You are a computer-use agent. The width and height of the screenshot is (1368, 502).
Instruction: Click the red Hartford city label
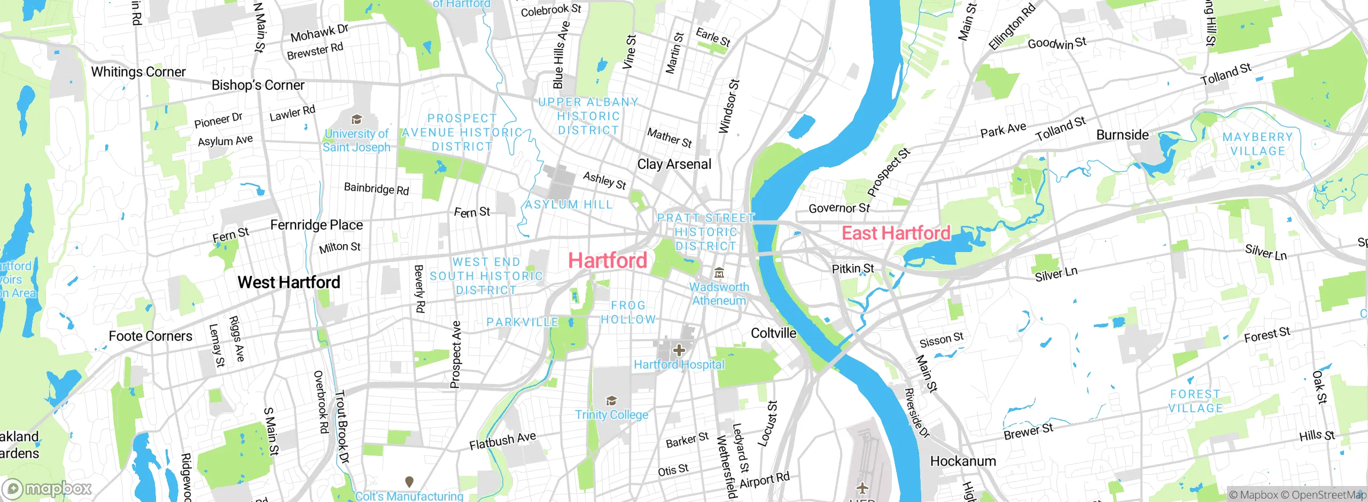point(608,261)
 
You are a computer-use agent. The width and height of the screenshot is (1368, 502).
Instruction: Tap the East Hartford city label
point(896,233)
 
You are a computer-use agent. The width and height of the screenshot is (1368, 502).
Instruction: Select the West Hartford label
point(289,282)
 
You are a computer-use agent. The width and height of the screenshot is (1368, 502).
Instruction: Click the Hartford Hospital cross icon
point(679,350)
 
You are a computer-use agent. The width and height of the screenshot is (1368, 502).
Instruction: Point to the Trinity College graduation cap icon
point(611,401)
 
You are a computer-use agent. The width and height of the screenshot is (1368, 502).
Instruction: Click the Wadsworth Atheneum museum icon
point(719,273)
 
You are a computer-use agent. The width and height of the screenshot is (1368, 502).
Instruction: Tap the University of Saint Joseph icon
point(356,120)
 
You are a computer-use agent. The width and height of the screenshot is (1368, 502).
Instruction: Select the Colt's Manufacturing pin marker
point(409,482)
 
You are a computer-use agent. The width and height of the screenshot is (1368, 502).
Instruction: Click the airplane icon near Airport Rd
point(862,488)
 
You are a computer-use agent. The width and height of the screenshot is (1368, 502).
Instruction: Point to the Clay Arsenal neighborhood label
point(674,164)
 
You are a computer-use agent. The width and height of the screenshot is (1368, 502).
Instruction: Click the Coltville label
point(773,333)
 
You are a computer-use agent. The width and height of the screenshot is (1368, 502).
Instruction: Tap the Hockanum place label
point(963,461)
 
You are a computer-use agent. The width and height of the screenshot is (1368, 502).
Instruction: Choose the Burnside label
point(1122,135)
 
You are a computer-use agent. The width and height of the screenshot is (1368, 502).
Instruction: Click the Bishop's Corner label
point(258,85)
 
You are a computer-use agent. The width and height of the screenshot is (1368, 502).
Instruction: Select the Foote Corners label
point(150,336)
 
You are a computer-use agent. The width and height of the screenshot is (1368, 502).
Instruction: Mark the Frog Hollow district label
point(628,312)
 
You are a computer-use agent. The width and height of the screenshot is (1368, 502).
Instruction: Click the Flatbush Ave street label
point(502,441)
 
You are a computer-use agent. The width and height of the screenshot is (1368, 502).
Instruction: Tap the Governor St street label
point(839,208)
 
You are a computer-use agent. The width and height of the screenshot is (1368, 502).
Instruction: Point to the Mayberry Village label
point(1257,144)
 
